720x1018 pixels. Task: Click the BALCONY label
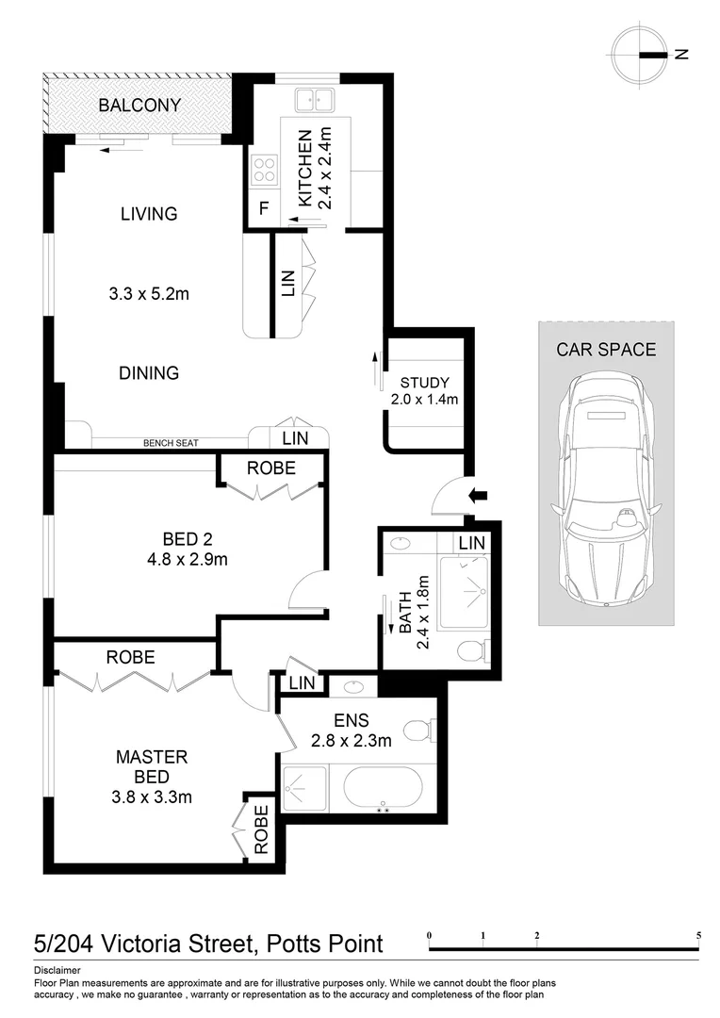(139, 106)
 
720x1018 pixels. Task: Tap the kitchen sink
(313, 99)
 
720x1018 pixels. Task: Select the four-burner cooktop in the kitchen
(265, 171)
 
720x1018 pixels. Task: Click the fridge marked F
(264, 208)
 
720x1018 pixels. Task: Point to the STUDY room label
(424, 383)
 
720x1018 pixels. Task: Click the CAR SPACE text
(606, 350)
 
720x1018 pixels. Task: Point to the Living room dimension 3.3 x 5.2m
(149, 294)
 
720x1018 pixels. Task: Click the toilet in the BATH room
(472, 649)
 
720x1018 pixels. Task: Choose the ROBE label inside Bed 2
(270, 468)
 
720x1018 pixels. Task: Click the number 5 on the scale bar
(698, 936)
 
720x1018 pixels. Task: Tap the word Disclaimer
(57, 970)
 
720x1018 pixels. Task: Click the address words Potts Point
(325, 944)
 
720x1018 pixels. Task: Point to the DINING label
(149, 373)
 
